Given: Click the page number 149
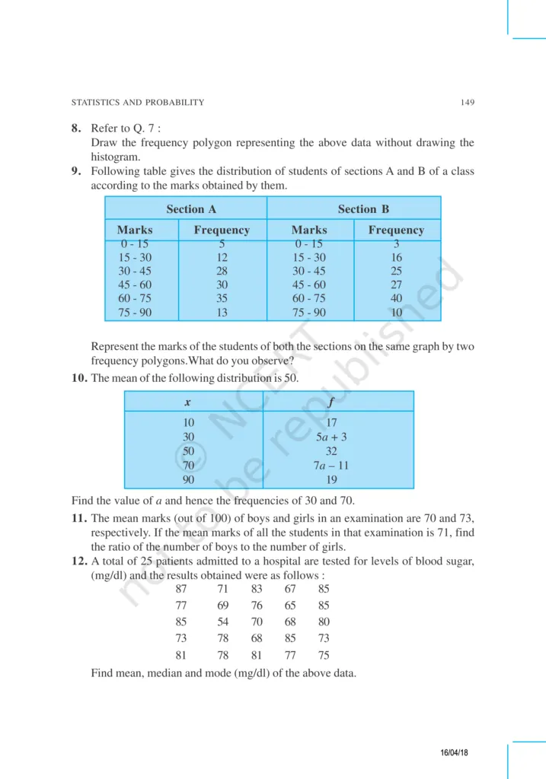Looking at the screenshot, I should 468,102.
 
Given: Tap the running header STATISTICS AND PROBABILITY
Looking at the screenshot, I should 137,102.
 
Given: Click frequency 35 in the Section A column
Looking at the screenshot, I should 222,299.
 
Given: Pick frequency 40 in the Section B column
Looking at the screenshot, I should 396,299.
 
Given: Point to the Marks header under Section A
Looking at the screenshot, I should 135,230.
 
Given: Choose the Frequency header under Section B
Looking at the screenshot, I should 396,230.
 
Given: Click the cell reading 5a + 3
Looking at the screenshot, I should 331,437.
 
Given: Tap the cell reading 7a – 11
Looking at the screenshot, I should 331,465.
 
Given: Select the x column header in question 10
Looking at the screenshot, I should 187,402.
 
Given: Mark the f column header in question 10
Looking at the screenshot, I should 331,402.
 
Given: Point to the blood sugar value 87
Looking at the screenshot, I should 181,589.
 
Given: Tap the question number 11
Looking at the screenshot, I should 78,517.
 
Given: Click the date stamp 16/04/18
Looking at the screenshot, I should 455,752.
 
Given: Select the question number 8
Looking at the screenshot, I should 77,129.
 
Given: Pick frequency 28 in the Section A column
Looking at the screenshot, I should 222,272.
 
